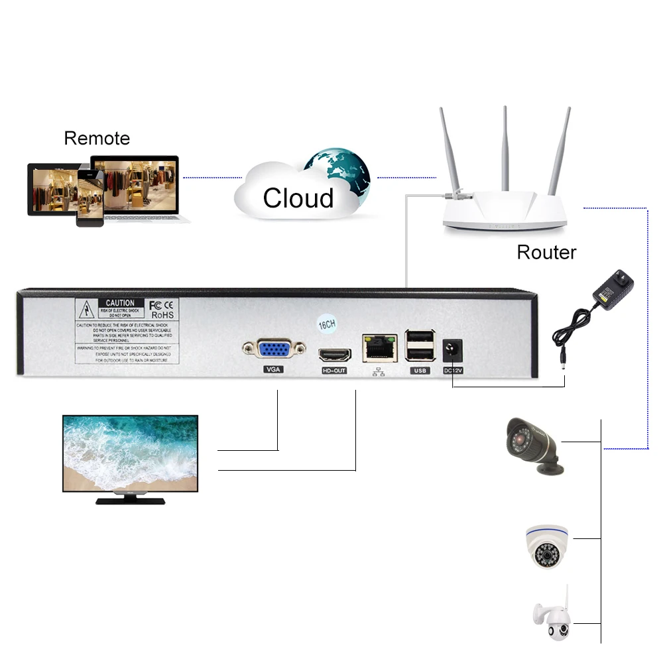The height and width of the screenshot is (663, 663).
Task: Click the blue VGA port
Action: click(x=273, y=349)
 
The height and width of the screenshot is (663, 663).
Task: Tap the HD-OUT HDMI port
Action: click(x=333, y=353)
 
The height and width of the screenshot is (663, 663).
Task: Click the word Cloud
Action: click(x=298, y=198)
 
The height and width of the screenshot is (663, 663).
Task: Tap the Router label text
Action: click(x=546, y=253)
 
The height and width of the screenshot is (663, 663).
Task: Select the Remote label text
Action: click(x=97, y=139)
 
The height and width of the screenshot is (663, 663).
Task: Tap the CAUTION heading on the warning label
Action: click(x=120, y=303)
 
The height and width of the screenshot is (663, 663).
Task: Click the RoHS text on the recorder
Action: click(x=162, y=315)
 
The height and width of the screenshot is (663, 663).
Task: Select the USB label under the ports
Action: click(x=420, y=371)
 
